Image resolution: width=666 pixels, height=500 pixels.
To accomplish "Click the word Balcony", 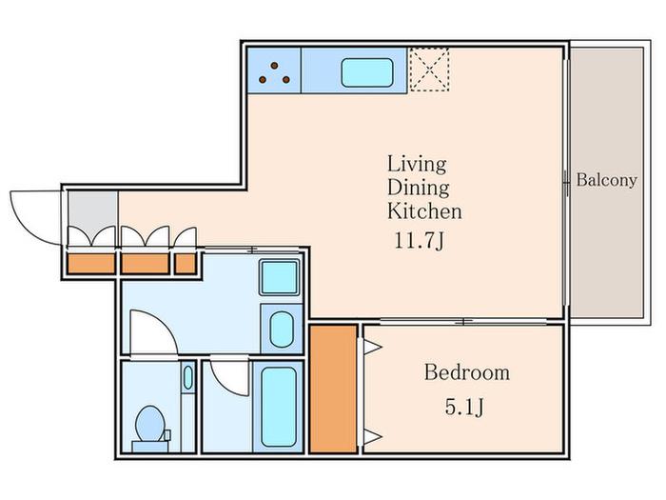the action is click(606, 180).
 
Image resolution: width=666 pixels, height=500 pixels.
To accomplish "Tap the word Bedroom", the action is click(467, 372).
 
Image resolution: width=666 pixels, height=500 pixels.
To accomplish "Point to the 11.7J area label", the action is click(420, 241).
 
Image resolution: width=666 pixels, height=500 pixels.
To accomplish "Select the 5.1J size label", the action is click(464, 408).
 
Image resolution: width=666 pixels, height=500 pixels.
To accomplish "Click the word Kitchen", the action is click(424, 211).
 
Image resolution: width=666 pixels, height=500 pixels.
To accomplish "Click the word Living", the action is click(417, 164).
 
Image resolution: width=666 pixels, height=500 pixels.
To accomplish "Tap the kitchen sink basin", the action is click(367, 72).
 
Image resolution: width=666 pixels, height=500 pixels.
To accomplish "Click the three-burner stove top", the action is click(274, 70).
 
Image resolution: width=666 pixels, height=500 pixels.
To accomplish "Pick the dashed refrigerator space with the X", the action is click(429, 70).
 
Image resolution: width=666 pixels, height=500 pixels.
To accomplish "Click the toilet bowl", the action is click(150, 424).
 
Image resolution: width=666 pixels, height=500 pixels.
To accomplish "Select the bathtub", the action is click(279, 407).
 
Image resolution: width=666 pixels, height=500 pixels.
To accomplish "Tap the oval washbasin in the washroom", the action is click(282, 330).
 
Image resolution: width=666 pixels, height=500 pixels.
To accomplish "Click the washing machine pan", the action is click(279, 278).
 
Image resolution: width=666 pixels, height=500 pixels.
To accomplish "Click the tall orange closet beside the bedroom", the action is click(333, 389).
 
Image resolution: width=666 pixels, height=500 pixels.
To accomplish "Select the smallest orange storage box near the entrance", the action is click(186, 264).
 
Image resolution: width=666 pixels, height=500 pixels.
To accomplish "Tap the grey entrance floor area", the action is click(93, 212).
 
